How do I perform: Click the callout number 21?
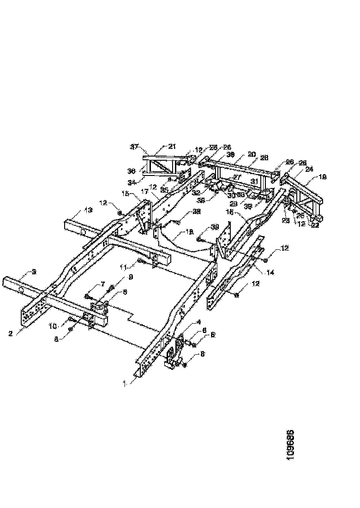click(172, 146)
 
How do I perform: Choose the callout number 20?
click(252, 154)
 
